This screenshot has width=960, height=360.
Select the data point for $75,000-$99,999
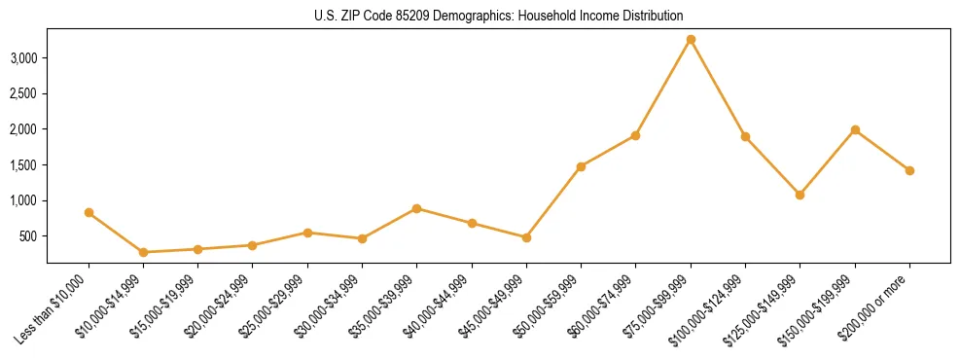(x=691, y=40)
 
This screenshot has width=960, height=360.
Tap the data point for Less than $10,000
(x=89, y=212)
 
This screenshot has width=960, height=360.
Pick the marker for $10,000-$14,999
(x=144, y=252)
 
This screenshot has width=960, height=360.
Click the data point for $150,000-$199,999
(x=855, y=129)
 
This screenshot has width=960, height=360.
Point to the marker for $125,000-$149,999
(x=800, y=195)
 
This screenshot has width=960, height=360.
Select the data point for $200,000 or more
(x=909, y=170)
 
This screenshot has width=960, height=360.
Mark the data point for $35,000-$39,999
(x=417, y=208)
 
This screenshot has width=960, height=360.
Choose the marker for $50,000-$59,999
(x=581, y=166)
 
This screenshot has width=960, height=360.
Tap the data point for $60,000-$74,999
(x=635, y=135)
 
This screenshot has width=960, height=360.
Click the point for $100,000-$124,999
(x=745, y=136)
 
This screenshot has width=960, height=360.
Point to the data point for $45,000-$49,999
(x=526, y=237)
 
